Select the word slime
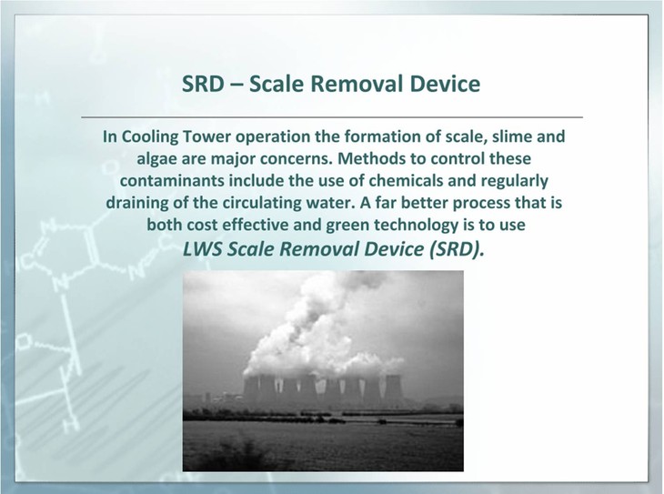click(x=512, y=136)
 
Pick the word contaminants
click(x=172, y=181)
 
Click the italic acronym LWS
click(x=203, y=249)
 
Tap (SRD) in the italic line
click(x=456, y=249)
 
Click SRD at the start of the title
click(x=203, y=84)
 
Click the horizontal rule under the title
click(x=332, y=116)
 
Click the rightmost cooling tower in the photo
click(x=392, y=388)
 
